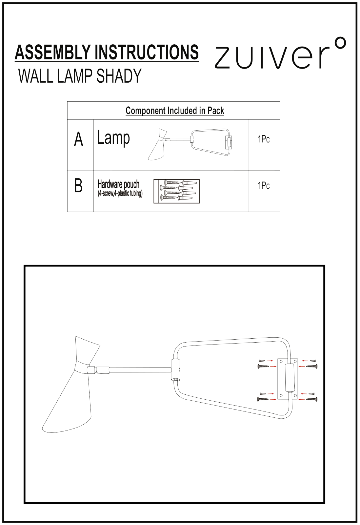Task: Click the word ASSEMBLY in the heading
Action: tap(53, 52)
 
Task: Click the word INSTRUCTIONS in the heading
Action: tap(147, 52)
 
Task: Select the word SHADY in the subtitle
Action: tap(119, 76)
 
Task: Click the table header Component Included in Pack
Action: tap(175, 111)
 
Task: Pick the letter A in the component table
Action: tap(79, 139)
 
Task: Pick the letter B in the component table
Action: tap(78, 186)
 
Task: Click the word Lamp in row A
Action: tap(113, 138)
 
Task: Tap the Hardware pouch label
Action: tap(118, 184)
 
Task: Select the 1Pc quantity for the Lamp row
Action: tap(264, 139)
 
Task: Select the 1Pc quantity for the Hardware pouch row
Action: tap(264, 186)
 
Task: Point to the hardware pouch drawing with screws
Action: tap(177, 191)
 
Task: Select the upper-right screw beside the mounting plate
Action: tap(312, 366)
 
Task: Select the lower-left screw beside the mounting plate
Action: tap(263, 399)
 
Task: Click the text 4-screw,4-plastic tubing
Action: tap(120, 194)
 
